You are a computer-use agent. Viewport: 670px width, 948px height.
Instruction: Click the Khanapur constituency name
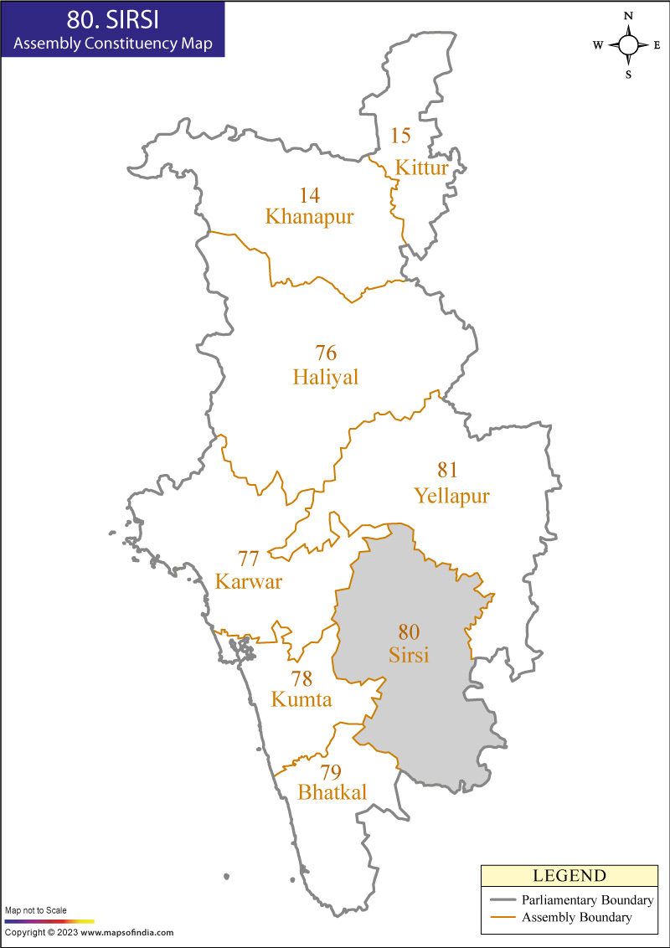pos(309,217)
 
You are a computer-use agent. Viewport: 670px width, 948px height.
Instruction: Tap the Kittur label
pos(422,168)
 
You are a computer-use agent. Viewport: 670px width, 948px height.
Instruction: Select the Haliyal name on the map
pos(326,378)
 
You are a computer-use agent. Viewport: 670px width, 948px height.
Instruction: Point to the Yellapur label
pos(451,497)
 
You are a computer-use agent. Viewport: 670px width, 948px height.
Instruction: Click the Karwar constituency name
pos(249,581)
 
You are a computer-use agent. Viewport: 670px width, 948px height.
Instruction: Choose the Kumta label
pos(301,699)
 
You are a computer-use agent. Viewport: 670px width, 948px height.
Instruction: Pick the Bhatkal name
pos(332,792)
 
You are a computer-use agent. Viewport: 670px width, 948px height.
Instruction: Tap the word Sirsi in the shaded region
pos(409,655)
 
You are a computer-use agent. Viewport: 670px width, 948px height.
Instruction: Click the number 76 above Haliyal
pos(326,353)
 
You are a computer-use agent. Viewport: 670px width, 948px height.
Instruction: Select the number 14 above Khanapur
pos(309,195)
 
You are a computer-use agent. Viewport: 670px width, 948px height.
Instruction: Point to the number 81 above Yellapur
pos(448,470)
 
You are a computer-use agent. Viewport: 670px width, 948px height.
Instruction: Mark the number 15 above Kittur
pos(401,135)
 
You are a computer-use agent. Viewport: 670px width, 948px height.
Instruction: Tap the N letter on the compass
pos(628,16)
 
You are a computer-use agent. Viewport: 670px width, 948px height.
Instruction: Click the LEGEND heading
pos(569,876)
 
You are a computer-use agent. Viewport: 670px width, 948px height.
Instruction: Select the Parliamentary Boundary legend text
pos(586,900)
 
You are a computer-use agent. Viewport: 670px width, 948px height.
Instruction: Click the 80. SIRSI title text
pos(112,18)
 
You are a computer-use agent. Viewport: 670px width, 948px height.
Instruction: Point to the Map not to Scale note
pos(36,909)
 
